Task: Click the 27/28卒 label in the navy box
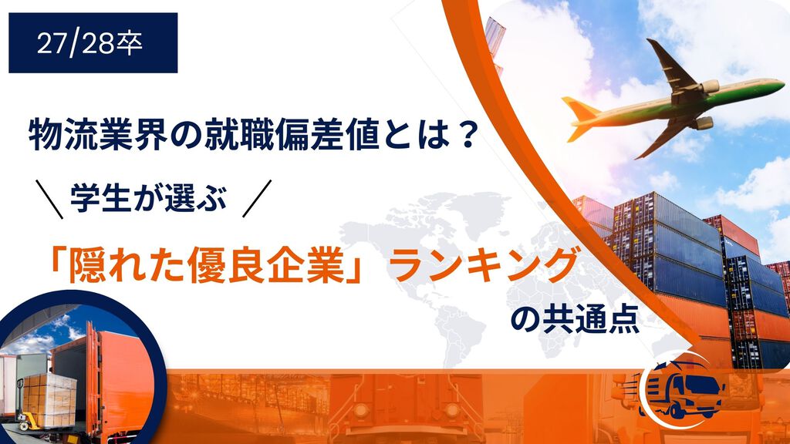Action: (x=89, y=43)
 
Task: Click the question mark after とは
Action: (x=463, y=134)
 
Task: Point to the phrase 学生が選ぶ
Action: (x=149, y=198)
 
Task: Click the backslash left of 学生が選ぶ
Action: (x=49, y=199)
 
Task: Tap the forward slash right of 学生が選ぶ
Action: (x=257, y=198)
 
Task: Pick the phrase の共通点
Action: (x=575, y=319)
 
